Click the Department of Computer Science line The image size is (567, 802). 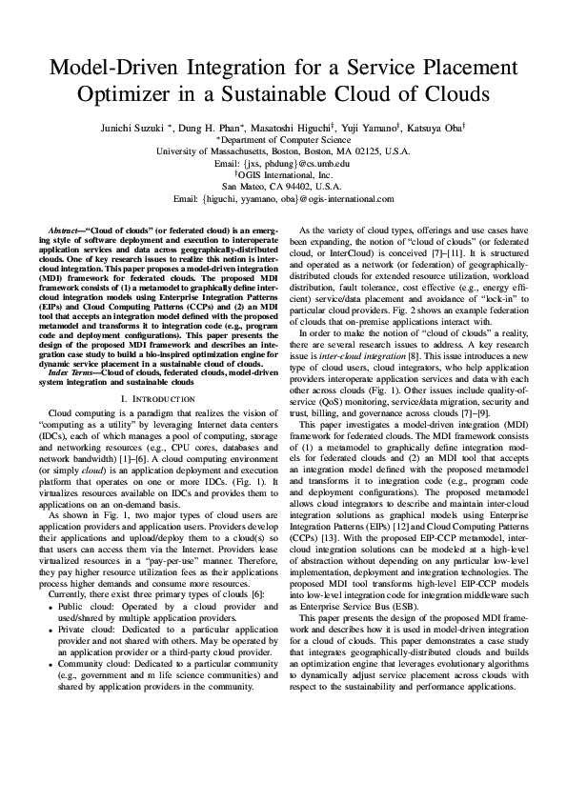284,138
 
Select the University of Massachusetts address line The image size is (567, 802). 284,150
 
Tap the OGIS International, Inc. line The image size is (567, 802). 284,175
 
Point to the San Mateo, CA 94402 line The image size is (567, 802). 284,187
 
